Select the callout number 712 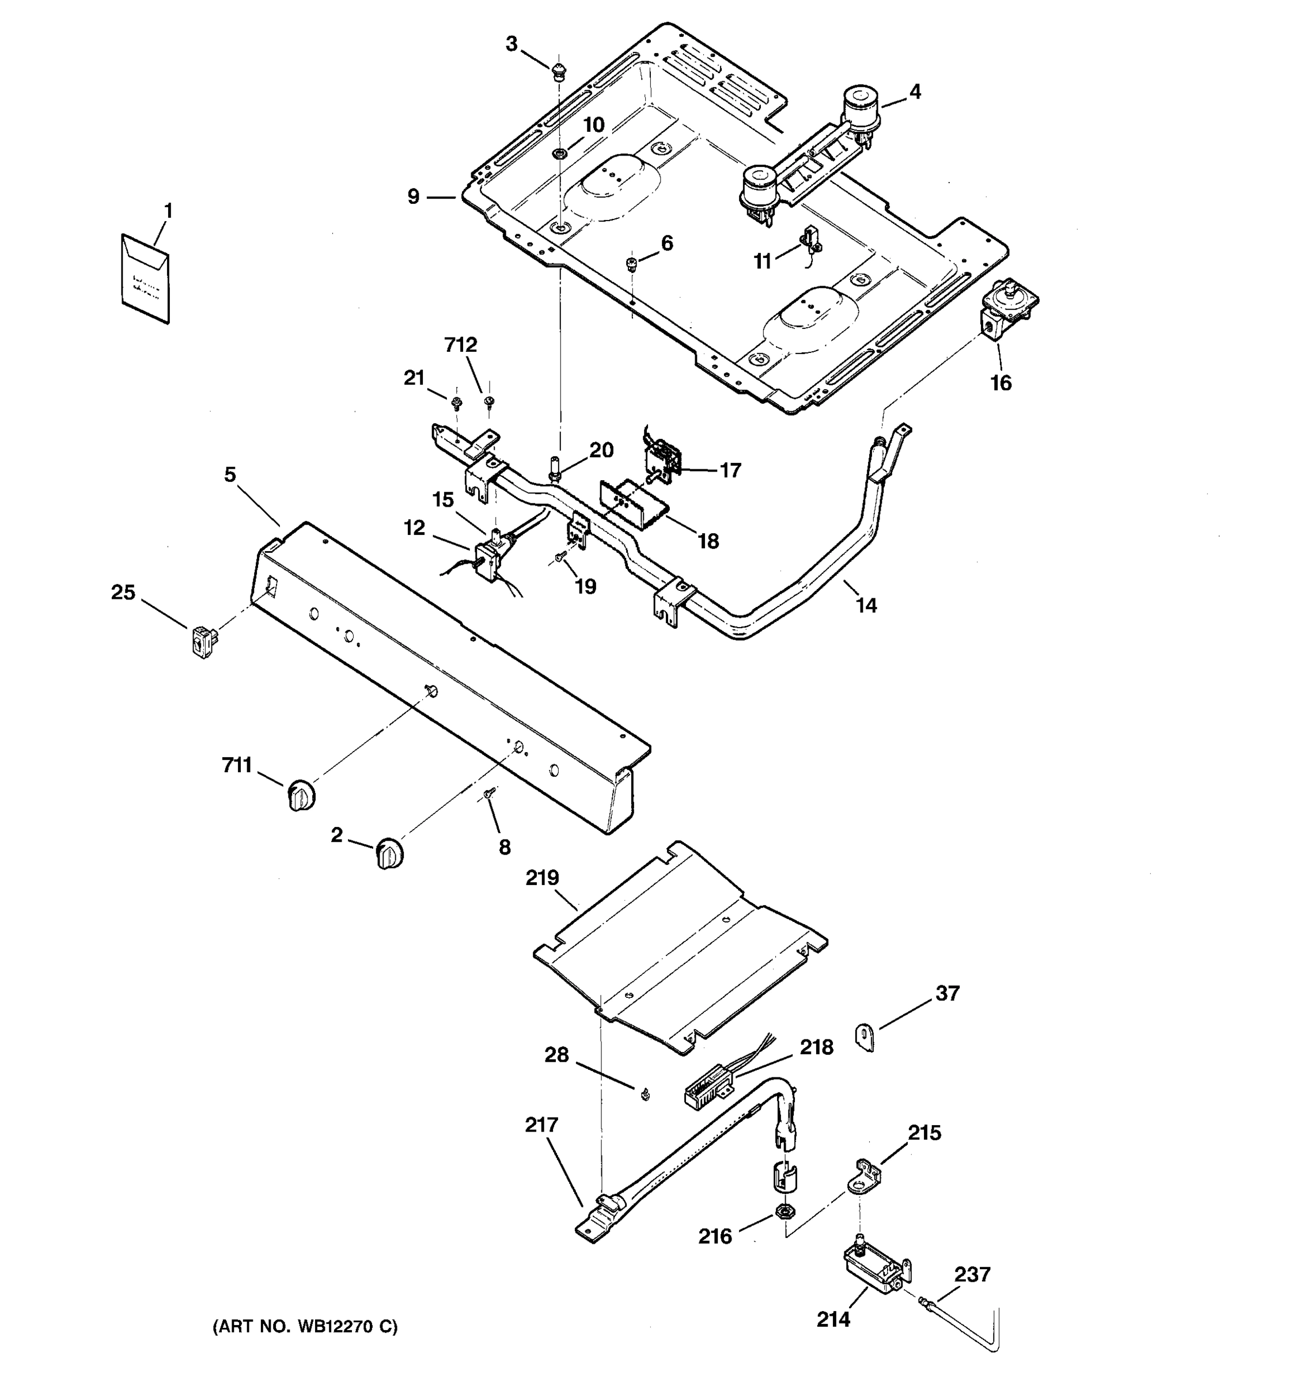(461, 345)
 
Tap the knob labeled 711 (300, 795)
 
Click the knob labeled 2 (389, 853)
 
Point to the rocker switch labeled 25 (202, 640)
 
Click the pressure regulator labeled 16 (1006, 309)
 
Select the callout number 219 (543, 878)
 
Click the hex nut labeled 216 (785, 1212)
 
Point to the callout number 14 (866, 606)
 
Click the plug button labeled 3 (558, 71)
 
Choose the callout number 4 (915, 92)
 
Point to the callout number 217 (541, 1125)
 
